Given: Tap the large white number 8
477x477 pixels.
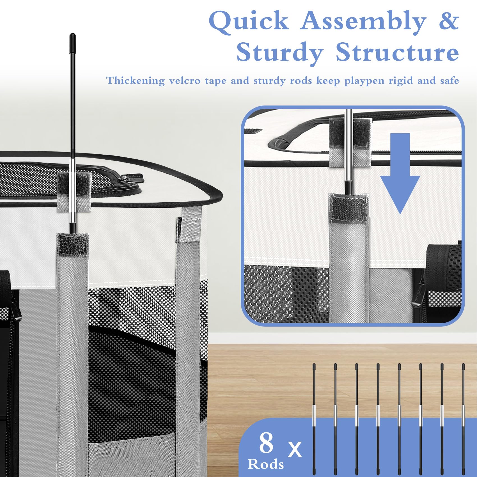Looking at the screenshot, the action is click(x=266, y=442).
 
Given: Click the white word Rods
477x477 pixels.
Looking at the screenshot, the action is click(x=265, y=464).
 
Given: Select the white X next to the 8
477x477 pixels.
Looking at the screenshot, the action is click(x=295, y=449).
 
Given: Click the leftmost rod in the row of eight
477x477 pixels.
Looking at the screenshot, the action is click(x=314, y=419).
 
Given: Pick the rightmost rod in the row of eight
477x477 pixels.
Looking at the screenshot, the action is click(x=463, y=419).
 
